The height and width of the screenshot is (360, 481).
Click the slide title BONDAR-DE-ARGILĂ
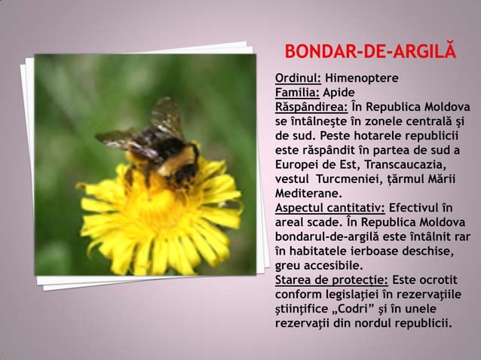tap(370, 52)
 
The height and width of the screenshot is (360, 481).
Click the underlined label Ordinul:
tap(299, 78)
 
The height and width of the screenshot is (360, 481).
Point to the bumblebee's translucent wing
tap(167, 116)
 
